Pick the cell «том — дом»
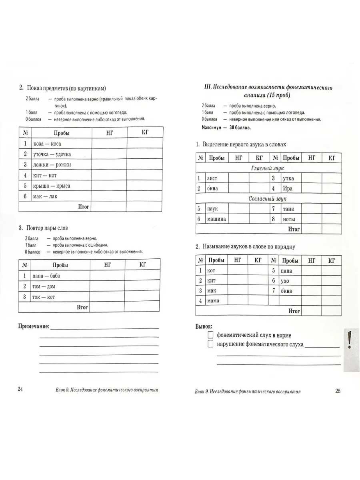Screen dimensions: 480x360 (x=44, y=286)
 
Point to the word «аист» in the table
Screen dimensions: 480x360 (x=212, y=178)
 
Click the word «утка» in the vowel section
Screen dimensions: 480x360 (x=288, y=178)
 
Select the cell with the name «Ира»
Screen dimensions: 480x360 (x=288, y=188)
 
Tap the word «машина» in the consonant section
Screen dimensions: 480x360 (x=216, y=219)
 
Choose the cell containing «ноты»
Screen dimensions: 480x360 (x=289, y=219)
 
